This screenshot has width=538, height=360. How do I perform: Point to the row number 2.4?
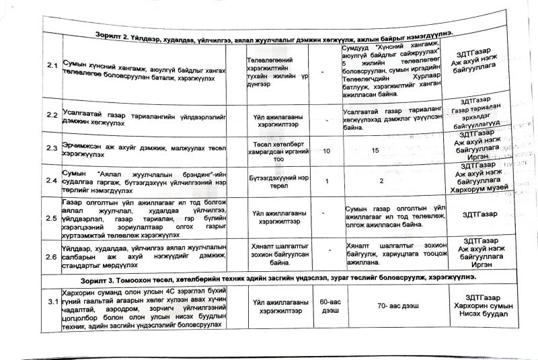point(50,180)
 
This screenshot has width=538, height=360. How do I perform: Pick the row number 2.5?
point(50,218)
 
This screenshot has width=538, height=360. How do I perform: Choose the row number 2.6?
point(50,256)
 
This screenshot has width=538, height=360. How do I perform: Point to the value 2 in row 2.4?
point(381,181)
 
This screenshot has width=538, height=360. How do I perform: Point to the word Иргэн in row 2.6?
point(482,265)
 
